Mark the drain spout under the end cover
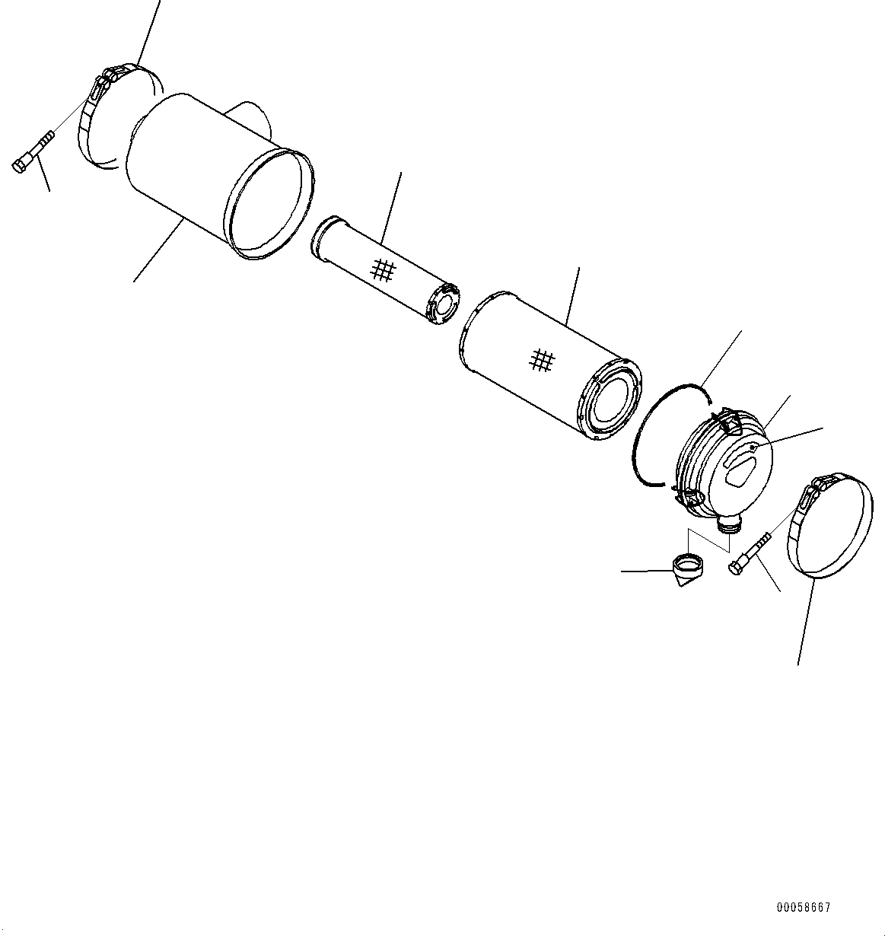pyautogui.click(x=729, y=523)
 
